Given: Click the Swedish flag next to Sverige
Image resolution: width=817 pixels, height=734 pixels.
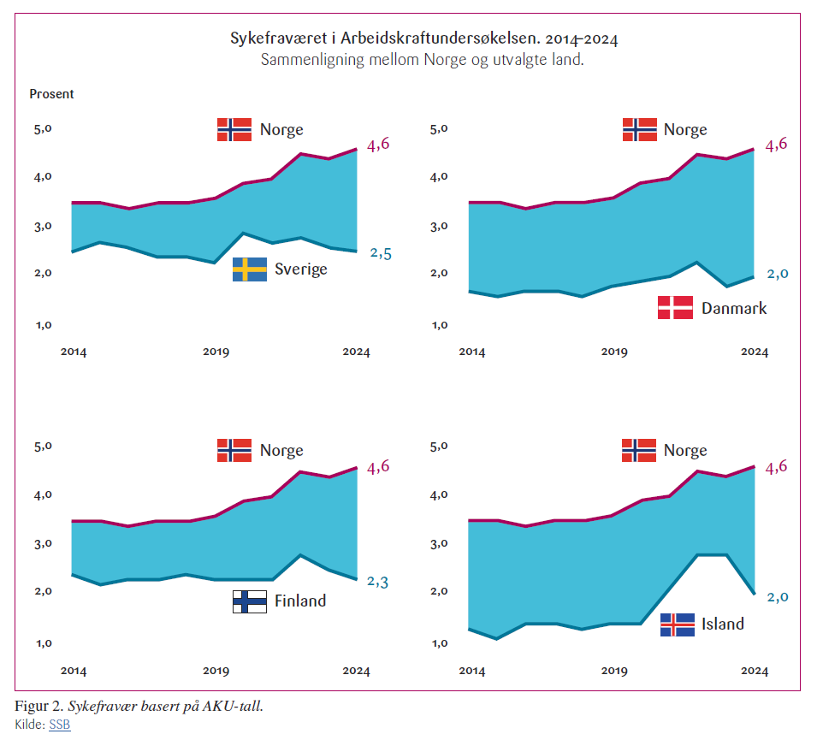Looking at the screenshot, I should [250, 269].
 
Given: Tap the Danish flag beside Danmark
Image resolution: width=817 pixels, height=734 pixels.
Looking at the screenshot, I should [675, 307].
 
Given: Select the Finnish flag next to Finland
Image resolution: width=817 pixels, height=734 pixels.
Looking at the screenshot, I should [250, 601].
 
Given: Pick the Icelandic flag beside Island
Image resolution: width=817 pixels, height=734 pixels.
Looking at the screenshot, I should [677, 624].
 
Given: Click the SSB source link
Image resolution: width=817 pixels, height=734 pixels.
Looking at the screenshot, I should [59, 725].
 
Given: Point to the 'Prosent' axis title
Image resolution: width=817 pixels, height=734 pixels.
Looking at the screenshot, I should [52, 94].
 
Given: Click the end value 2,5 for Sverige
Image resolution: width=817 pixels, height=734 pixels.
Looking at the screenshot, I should [381, 253].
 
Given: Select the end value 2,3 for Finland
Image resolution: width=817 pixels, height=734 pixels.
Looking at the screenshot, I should [379, 582].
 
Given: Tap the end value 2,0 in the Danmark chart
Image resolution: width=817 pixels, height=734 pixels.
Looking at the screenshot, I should [777, 274].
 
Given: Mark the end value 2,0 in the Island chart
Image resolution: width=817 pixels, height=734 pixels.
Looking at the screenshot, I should [777, 597].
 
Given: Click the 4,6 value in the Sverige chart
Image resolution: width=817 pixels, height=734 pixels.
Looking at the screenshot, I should [378, 145].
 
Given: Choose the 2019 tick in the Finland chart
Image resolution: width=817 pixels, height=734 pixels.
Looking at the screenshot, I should [215, 671].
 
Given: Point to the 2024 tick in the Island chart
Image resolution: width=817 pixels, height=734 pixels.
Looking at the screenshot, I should [754, 671].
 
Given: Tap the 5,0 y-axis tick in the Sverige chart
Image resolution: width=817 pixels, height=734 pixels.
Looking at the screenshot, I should [43, 129].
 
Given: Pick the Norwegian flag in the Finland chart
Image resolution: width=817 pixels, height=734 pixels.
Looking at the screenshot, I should [234, 450].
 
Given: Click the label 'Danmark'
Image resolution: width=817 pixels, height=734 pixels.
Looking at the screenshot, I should [734, 308].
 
